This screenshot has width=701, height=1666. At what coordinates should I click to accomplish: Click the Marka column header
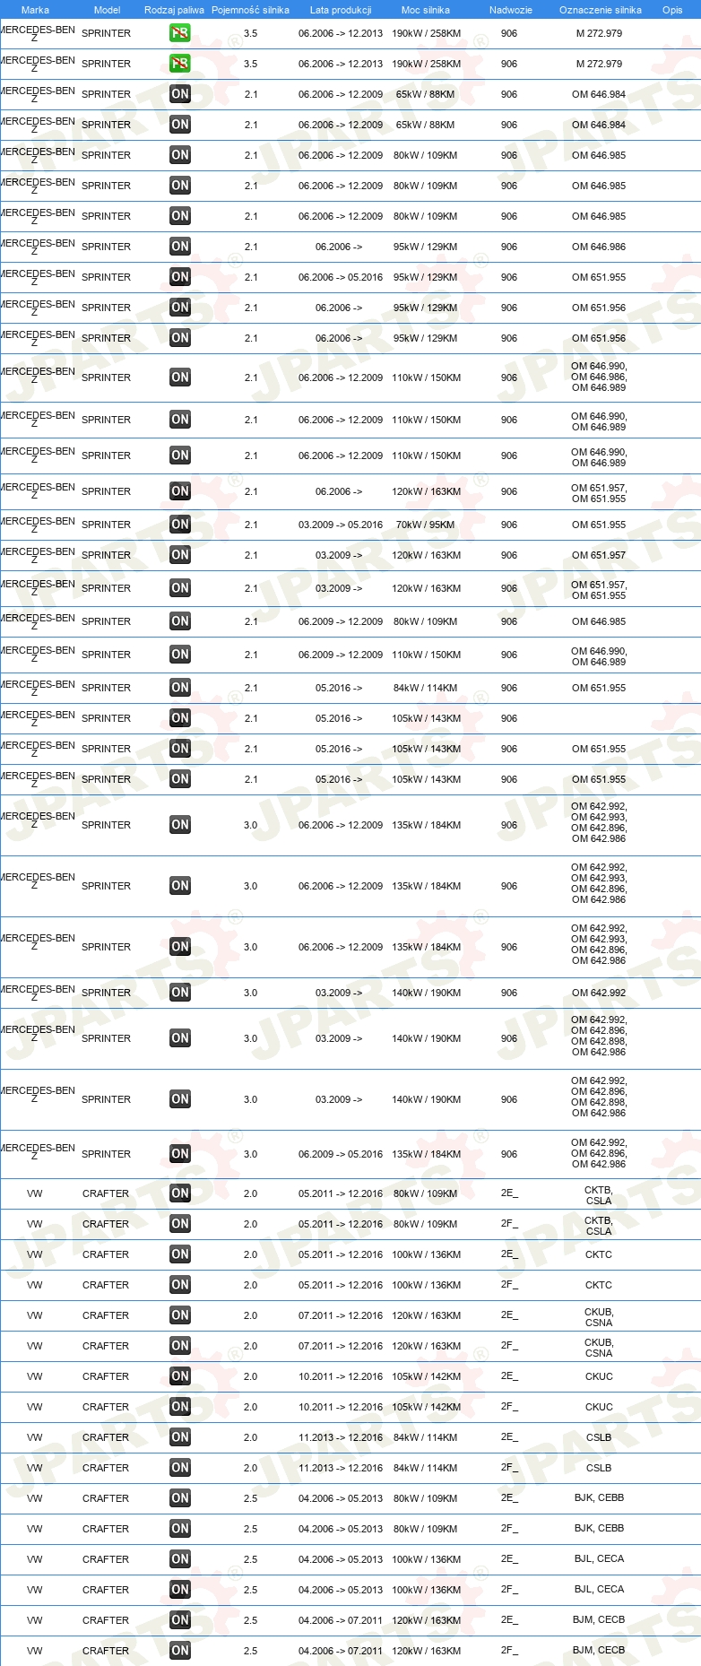[35, 10]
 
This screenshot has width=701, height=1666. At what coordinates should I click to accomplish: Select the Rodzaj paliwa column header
[174, 10]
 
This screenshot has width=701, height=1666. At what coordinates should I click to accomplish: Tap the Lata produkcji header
[341, 10]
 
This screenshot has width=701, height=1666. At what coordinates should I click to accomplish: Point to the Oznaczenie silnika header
[600, 10]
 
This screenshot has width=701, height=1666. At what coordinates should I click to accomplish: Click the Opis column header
[672, 10]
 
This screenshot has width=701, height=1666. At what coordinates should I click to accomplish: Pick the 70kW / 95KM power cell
[426, 525]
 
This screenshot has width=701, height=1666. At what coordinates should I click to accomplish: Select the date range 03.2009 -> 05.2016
[341, 525]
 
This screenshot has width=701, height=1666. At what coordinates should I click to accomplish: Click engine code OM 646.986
[599, 247]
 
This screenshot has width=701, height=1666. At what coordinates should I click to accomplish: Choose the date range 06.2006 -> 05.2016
[341, 277]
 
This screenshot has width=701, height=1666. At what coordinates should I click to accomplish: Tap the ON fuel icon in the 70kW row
[180, 525]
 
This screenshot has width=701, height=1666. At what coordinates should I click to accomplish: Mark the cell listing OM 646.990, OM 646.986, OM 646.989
[599, 377]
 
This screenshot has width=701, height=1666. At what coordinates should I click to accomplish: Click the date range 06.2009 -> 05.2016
[341, 1154]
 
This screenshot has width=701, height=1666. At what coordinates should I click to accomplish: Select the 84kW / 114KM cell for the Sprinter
[426, 688]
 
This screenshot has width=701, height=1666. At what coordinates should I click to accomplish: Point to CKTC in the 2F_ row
[599, 1285]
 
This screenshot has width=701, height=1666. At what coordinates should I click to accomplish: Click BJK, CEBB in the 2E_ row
[599, 1497]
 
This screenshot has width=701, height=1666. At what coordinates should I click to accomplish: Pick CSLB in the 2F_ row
[599, 1468]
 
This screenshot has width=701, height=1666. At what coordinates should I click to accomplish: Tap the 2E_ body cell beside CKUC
[509, 1376]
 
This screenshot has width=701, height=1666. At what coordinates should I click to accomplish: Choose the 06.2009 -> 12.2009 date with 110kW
[341, 655]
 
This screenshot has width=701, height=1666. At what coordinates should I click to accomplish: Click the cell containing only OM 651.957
[599, 555]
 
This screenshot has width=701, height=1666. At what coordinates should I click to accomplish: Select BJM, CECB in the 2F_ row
[599, 1650]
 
